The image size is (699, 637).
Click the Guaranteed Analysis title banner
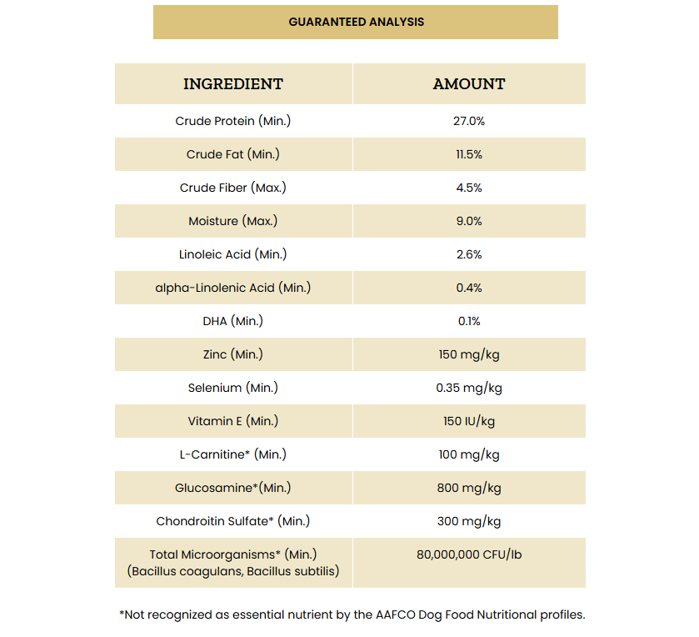[356, 22]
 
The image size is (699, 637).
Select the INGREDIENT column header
[233, 84]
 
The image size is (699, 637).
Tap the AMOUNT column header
[469, 84]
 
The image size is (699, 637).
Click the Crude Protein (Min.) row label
[233, 121]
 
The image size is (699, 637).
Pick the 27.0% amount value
[469, 121]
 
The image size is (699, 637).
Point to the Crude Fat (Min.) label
[233, 154]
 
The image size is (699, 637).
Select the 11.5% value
[469, 154]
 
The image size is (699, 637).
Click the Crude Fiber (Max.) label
[233, 188]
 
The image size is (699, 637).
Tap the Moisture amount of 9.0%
[469, 221]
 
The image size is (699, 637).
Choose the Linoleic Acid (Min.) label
[233, 254]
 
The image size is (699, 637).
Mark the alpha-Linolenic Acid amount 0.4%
[469, 288]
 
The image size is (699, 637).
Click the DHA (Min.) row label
[233, 321]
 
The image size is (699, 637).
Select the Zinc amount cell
[469, 354]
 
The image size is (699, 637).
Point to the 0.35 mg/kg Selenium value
[469, 388]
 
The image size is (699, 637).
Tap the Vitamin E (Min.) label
[233, 421]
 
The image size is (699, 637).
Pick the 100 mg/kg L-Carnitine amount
[469, 454]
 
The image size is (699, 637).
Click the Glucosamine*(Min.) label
[233, 488]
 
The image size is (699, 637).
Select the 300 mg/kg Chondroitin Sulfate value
[469, 521]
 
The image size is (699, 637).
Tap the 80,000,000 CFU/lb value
[469, 554]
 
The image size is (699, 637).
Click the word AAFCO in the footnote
[396, 614]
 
